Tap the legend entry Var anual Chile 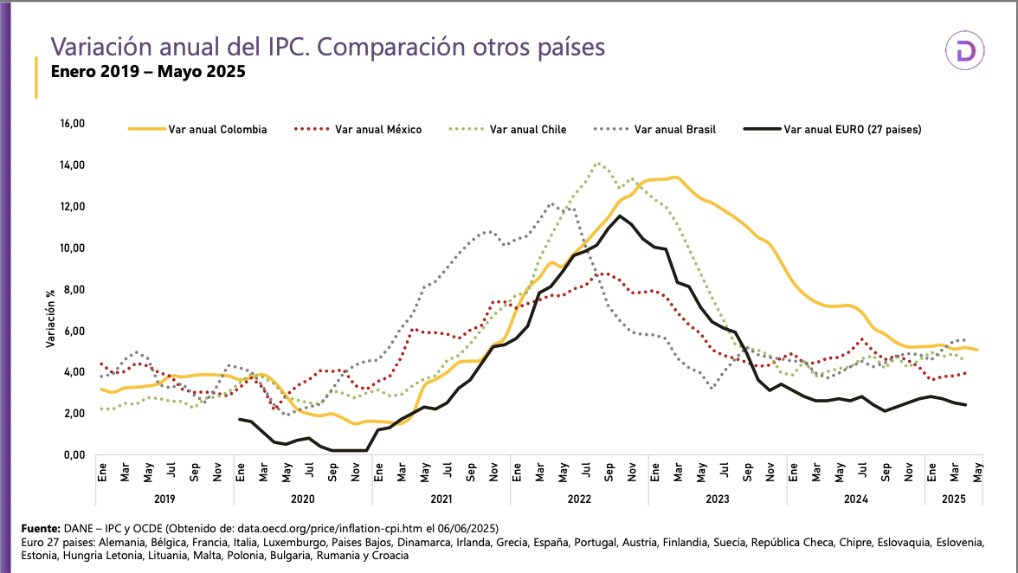coord(528,130)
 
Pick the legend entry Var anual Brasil coord(675,130)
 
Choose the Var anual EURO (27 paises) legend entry coord(852,130)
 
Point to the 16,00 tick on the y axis coord(72,124)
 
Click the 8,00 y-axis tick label coord(72,289)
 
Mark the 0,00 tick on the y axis coord(72,455)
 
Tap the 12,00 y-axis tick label coord(72,207)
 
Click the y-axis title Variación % coord(51,316)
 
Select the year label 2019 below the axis coord(164,499)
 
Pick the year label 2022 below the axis coord(579,499)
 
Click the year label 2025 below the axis coord(952,499)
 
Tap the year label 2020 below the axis coord(303,499)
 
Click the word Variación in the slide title coord(98,46)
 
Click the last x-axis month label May coord(978,471)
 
